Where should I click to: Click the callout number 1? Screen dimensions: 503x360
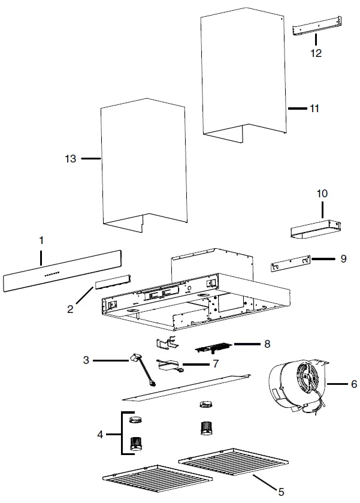41,240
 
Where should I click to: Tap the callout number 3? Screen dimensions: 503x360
86,360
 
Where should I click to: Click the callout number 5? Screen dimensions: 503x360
280,492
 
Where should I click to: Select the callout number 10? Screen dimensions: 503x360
322,194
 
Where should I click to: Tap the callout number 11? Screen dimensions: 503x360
313,109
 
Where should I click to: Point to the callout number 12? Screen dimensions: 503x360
316,53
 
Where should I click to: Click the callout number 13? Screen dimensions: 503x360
71,159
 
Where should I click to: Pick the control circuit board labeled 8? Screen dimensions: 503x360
213,348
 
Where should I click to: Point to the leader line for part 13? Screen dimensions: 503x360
90,159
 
